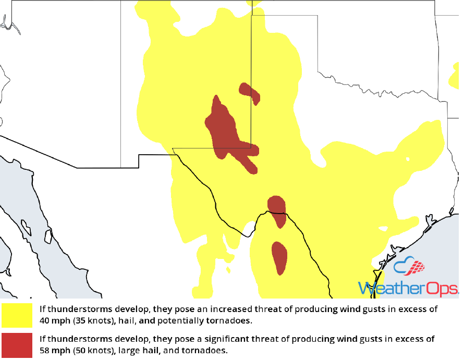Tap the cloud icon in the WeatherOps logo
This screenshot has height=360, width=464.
410,267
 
